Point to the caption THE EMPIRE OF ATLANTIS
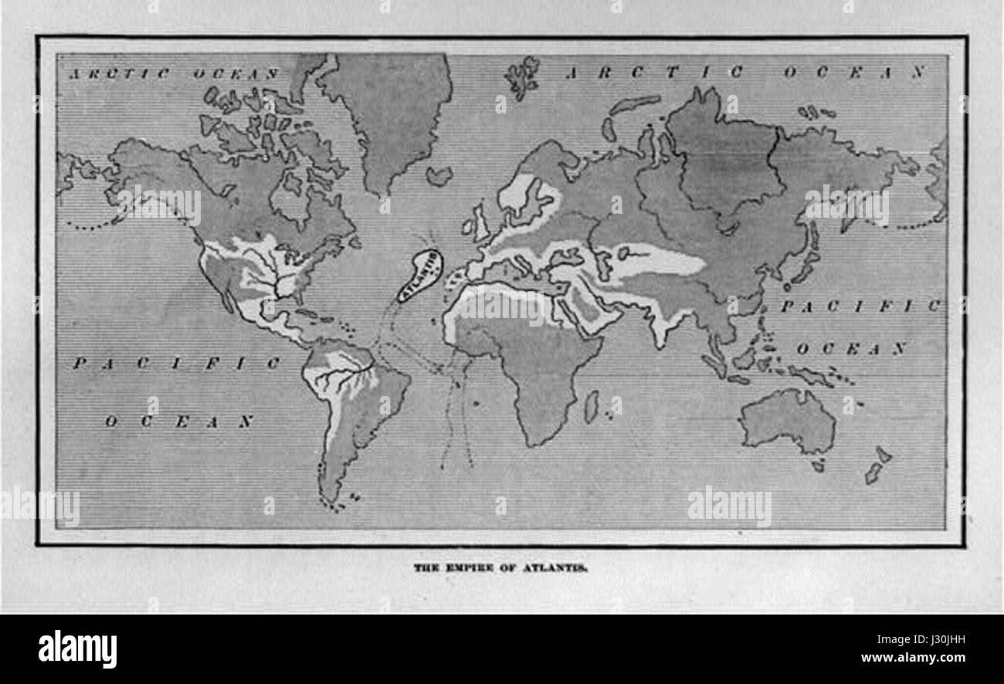pos(501,567)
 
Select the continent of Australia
pos(788,421)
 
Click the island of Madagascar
pos(591,406)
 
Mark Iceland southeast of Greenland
pos(439,176)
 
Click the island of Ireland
pos(467,227)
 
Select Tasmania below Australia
pos(817,466)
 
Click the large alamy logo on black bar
pos(78,648)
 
